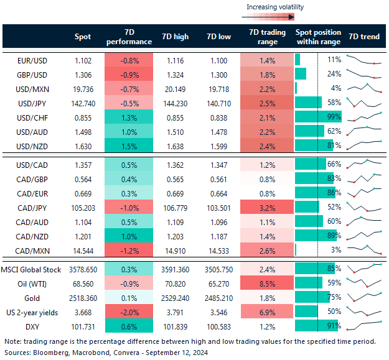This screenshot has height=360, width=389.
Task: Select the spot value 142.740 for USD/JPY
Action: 82,103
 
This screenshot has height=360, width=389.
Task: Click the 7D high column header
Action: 174,37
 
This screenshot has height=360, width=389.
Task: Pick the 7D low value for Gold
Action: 218,297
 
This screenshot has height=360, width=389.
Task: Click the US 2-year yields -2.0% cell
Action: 129,312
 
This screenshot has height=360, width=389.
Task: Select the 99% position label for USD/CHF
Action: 334,117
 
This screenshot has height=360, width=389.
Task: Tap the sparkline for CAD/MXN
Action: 364,249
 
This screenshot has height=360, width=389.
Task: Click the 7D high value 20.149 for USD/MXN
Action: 174,88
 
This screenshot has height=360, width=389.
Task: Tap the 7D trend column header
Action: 364,37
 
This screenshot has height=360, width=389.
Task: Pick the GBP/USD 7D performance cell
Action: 129,74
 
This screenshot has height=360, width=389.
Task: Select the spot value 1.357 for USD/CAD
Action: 82,164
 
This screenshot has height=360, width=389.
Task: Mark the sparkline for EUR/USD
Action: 364,60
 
